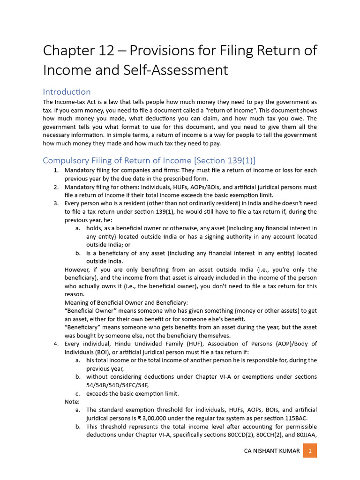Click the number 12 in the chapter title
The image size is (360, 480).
click(x=107, y=50)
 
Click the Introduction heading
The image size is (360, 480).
click(x=67, y=91)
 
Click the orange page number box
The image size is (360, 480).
click(x=310, y=451)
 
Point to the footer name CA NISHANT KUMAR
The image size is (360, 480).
click(x=272, y=451)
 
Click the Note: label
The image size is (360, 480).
click(x=72, y=401)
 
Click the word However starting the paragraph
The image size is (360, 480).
click(x=78, y=270)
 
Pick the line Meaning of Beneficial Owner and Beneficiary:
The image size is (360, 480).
click(x=126, y=303)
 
